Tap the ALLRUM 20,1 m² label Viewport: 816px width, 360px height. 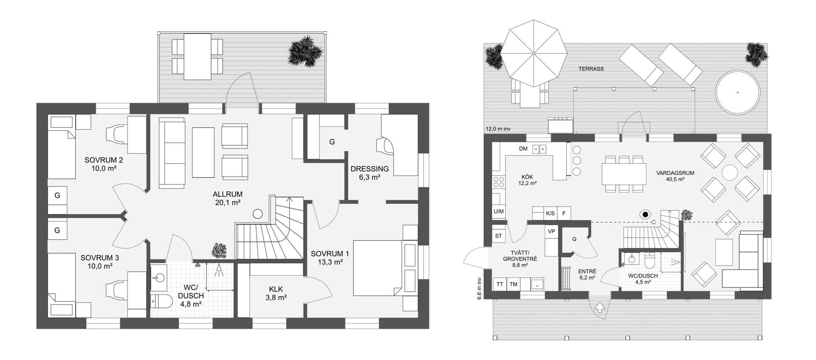(x=227, y=198)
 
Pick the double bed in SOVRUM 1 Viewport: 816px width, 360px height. (x=378, y=268)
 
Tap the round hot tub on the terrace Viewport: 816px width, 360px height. (x=737, y=92)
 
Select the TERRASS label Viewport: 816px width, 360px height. (x=591, y=69)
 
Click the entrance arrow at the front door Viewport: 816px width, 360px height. (x=600, y=307)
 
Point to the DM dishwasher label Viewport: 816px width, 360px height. (x=523, y=149)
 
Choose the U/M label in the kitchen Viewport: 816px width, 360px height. (x=499, y=211)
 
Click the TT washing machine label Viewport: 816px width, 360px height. (x=500, y=284)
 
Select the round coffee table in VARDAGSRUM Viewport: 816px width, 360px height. (x=730, y=173)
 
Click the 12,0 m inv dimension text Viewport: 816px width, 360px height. (x=498, y=128)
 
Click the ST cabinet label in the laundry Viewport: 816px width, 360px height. (x=499, y=235)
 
